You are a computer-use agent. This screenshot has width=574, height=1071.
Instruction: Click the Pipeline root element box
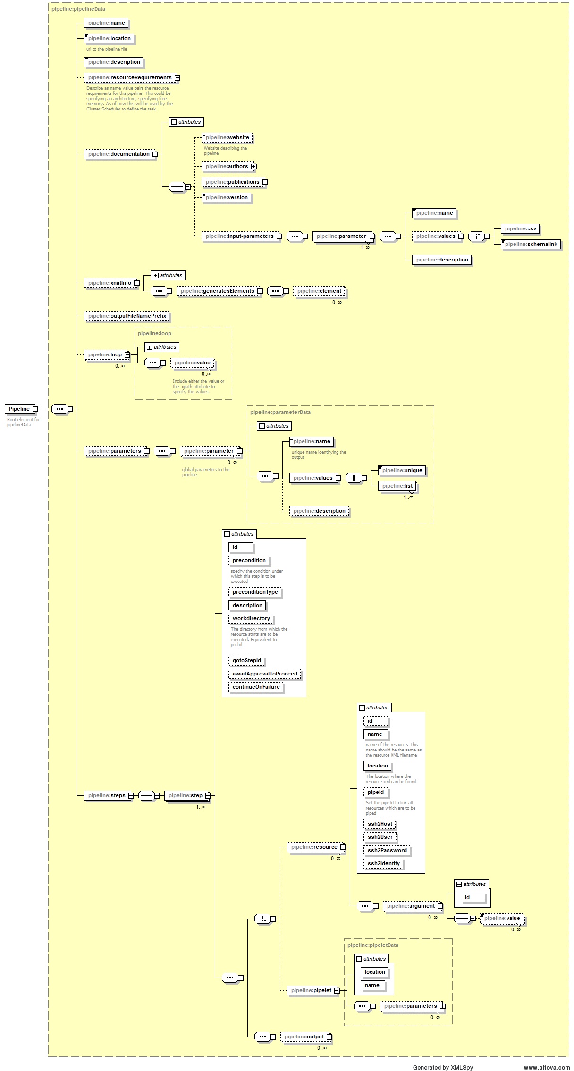click(19, 409)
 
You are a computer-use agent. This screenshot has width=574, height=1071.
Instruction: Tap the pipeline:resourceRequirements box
click(129, 77)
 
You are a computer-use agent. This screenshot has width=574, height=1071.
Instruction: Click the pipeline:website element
click(227, 137)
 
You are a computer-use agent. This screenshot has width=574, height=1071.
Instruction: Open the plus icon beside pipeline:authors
click(254, 166)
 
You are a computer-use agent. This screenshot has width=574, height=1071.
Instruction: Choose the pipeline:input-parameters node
click(239, 236)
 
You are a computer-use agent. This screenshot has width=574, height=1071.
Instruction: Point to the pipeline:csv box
click(520, 228)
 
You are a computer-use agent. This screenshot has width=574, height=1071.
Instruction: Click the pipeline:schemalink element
click(531, 244)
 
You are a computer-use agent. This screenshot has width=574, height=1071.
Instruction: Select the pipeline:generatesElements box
click(217, 291)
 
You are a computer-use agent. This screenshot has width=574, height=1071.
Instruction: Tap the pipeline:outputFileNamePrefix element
click(127, 316)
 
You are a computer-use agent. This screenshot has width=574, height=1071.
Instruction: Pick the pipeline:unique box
click(402, 470)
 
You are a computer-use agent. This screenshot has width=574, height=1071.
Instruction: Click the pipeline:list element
click(397, 486)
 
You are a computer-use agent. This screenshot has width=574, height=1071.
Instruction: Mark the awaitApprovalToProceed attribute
click(265, 674)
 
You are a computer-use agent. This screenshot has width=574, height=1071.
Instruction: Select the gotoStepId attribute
click(246, 660)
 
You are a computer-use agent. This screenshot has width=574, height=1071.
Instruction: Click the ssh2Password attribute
click(387, 850)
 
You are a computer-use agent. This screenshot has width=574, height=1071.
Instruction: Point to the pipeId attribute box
click(376, 792)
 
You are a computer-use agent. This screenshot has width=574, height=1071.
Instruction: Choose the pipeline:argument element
click(411, 906)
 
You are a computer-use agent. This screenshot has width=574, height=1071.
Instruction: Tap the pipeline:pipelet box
click(311, 990)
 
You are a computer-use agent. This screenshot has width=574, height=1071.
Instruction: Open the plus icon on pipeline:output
click(329, 1037)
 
